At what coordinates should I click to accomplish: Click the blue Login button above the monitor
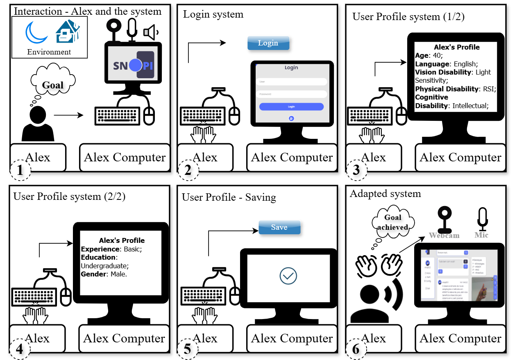pyautogui.click(x=268, y=43)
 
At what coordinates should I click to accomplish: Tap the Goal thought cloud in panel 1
pyautogui.click(x=53, y=85)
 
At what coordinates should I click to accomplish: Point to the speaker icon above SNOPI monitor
pyautogui.click(x=150, y=32)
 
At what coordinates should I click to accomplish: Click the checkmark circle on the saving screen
pyautogui.click(x=288, y=276)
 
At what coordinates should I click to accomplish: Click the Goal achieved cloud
pyautogui.click(x=392, y=222)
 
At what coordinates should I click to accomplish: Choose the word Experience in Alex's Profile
pyautogui.click(x=100, y=249)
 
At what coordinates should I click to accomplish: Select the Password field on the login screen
pyautogui.click(x=291, y=94)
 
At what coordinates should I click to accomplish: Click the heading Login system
pyautogui.click(x=213, y=15)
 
